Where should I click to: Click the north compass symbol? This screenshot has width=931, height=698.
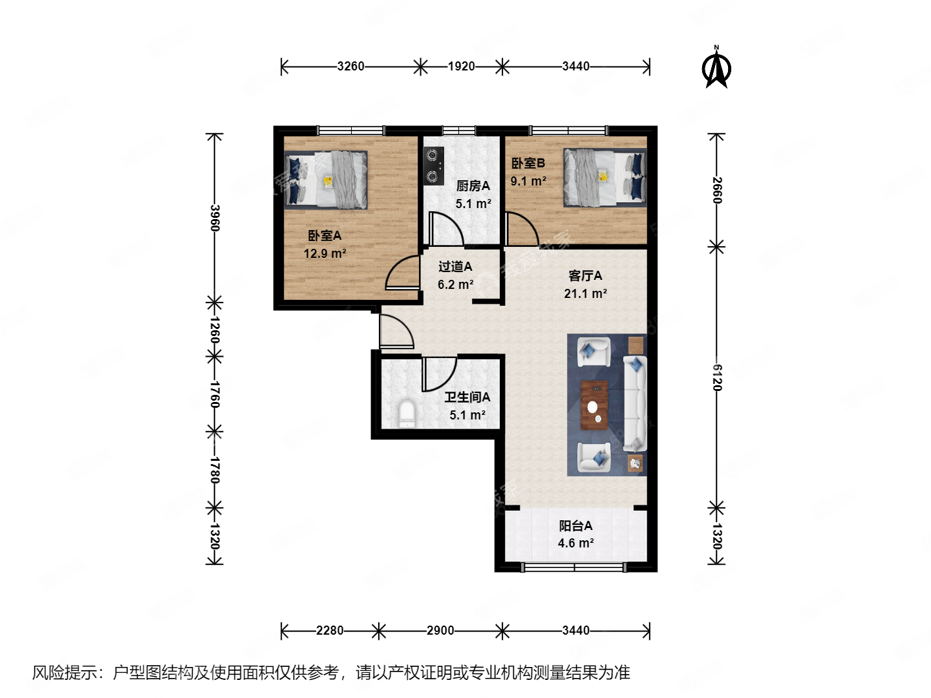point(717,68)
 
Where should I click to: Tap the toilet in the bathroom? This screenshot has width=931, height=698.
point(407,414)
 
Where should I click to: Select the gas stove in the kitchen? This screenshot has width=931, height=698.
point(434,165)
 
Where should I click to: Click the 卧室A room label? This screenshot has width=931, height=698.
point(325,236)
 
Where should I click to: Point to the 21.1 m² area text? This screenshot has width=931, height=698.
point(585,293)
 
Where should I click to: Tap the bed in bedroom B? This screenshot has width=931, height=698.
point(605,177)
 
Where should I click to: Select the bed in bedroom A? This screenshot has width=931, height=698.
point(326,180)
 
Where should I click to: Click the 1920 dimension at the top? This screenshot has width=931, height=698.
point(461,66)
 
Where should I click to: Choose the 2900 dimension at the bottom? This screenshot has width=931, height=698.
point(440,630)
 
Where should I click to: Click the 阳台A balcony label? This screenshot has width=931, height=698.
point(575,525)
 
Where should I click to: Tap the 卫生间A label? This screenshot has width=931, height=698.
point(467,397)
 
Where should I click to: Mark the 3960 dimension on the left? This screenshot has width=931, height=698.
point(215,218)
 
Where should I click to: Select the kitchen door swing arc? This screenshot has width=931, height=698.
point(447,229)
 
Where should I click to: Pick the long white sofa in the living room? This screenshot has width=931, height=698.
point(635,403)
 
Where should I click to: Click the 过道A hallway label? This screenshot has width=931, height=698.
point(455,266)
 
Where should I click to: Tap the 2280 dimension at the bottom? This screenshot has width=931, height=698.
point(330,630)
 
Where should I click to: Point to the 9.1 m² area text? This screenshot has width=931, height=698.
point(528,182)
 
